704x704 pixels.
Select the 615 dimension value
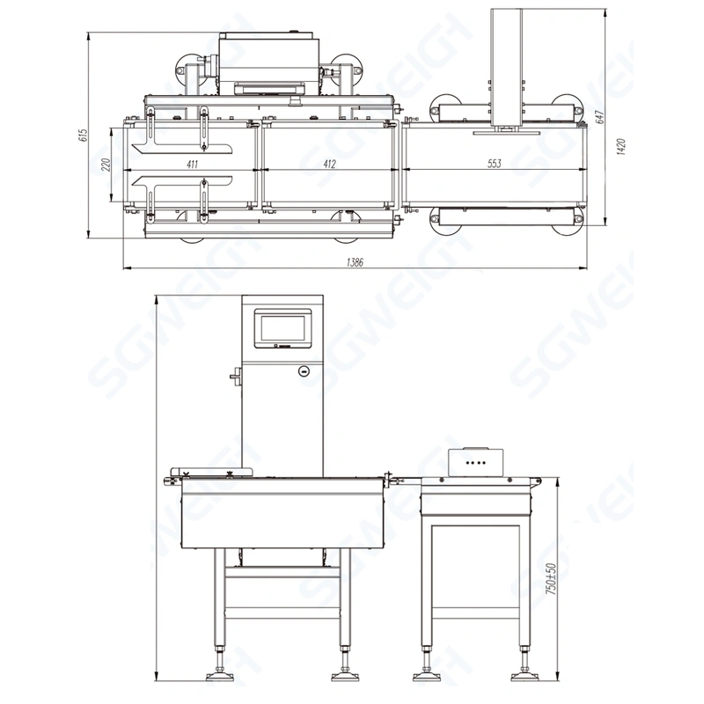[x=84, y=135]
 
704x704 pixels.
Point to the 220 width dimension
[x=105, y=165]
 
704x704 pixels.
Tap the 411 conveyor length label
[x=192, y=164]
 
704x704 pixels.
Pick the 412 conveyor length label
[x=329, y=164]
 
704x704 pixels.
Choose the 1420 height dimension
[x=621, y=146]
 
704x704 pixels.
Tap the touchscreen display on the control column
[x=282, y=328]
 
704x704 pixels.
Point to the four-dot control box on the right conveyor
[x=475, y=460]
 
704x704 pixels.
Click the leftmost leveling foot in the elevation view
[x=216, y=675]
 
